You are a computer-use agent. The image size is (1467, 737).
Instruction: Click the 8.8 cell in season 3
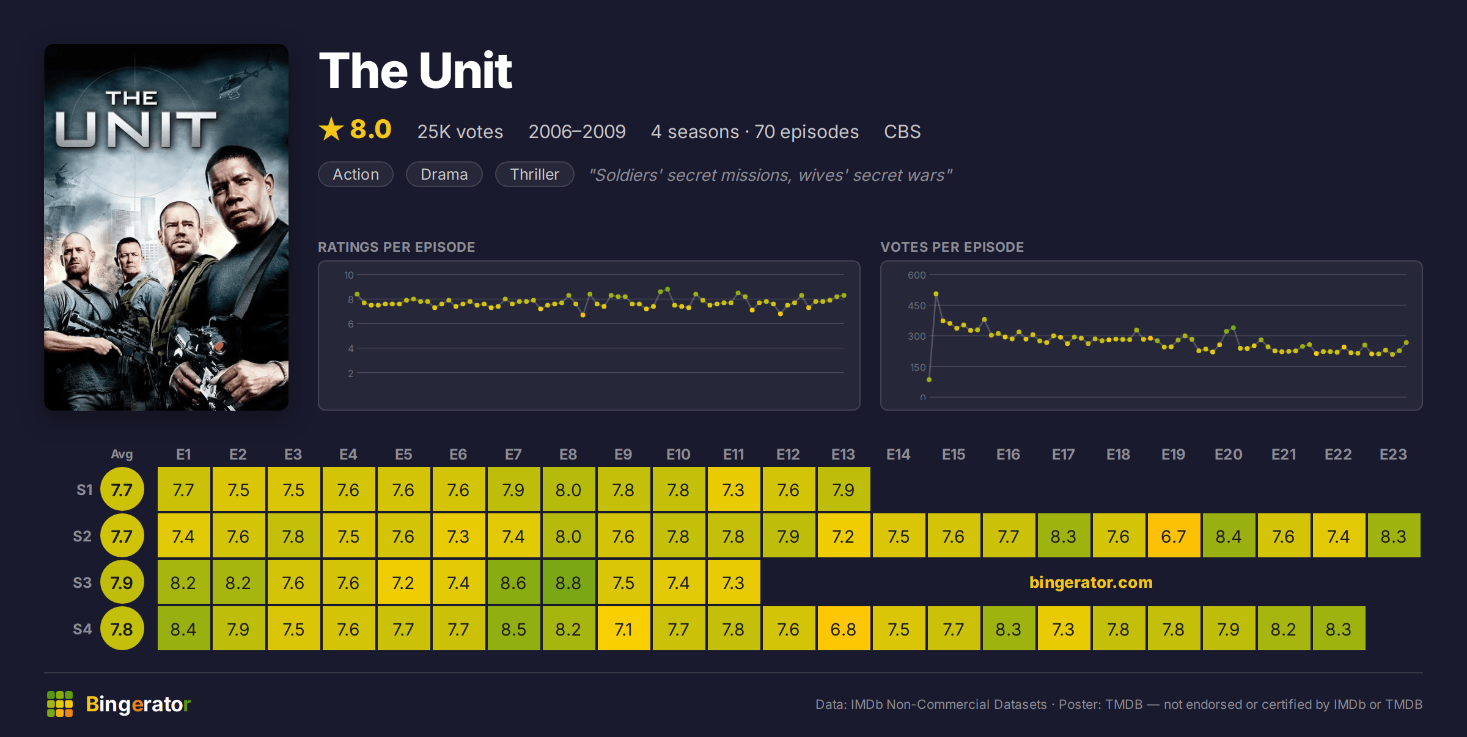click(568, 582)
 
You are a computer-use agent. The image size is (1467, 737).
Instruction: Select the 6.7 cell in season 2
click(1174, 536)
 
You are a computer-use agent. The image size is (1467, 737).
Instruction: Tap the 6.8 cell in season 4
click(844, 629)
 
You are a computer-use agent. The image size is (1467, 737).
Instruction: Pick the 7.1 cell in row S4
click(623, 629)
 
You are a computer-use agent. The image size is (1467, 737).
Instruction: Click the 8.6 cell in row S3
click(513, 582)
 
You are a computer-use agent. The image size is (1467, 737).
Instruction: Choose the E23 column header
click(1393, 455)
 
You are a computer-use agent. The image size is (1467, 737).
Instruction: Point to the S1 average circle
click(122, 490)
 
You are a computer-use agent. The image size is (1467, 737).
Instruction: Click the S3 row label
click(83, 582)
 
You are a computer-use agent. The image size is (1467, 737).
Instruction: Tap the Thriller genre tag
click(534, 175)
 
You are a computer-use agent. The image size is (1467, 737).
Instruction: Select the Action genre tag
click(356, 175)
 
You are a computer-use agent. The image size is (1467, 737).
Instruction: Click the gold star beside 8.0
click(331, 130)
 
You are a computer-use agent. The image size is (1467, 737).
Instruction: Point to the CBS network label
click(902, 132)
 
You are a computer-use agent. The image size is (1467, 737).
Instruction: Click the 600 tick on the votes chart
click(916, 275)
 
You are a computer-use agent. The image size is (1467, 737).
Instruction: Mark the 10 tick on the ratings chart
click(348, 275)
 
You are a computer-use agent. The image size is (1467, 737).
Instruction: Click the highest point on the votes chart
click(936, 295)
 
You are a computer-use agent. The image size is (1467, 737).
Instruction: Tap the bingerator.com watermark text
click(1091, 582)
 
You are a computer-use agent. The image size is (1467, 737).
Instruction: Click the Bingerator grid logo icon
click(60, 704)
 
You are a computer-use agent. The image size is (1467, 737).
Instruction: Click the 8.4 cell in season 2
click(1229, 536)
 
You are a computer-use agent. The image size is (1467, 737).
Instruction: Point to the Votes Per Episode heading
click(952, 247)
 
